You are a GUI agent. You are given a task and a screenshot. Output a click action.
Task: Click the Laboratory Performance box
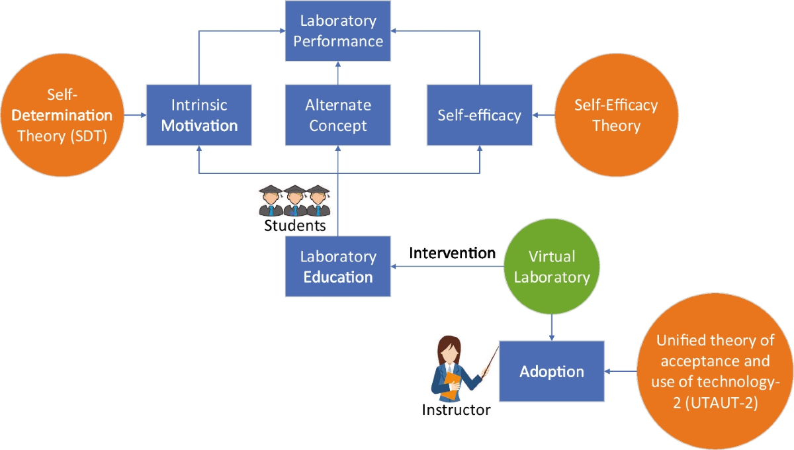[338, 30]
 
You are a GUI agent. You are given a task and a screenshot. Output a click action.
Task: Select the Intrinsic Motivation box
[199, 114]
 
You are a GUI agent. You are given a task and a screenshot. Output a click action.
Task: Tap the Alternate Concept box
[338, 114]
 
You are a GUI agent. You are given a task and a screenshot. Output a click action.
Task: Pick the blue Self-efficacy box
[480, 114]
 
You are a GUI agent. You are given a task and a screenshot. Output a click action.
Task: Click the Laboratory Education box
[338, 266]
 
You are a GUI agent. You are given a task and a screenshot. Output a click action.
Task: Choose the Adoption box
[551, 371]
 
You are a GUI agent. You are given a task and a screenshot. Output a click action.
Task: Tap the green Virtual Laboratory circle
[552, 266]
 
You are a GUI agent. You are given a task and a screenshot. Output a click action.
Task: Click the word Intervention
[452, 253]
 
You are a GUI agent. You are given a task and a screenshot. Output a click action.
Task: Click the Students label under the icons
[295, 226]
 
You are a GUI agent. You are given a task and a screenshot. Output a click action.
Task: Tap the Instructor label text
[457, 410]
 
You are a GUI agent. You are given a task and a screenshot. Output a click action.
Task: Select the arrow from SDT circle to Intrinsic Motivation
[130, 115]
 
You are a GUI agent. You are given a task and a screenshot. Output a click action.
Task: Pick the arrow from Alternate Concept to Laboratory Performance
[338, 72]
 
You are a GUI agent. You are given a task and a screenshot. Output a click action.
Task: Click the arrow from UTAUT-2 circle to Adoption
[621, 371]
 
